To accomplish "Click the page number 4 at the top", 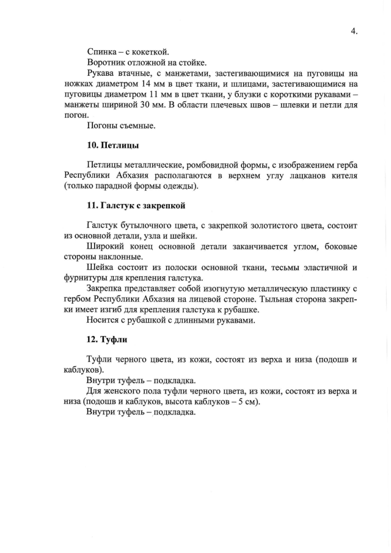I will tap(354, 31).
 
